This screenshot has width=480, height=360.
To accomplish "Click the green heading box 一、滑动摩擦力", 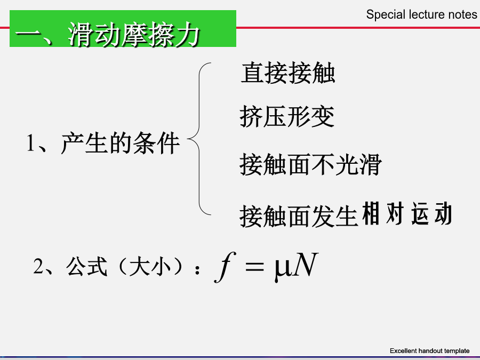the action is [123, 28].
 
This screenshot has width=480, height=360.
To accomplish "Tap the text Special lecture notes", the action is [421, 14].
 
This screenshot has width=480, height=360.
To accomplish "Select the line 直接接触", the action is [288, 73].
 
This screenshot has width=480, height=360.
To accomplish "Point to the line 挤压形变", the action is [287, 116].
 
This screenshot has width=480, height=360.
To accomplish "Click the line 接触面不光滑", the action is [311, 164].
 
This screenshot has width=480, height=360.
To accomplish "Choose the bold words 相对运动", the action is [407, 214].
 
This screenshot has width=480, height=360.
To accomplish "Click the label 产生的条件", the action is [121, 143].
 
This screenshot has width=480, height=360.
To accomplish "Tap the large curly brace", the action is [199, 139].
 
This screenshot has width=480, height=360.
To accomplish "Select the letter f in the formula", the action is [225, 267].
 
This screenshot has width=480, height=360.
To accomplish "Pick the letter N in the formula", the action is [306, 265].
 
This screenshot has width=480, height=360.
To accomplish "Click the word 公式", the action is [87, 266].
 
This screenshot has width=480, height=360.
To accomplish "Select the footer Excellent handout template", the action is [430, 351].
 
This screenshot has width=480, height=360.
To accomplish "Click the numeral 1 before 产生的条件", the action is [30, 142].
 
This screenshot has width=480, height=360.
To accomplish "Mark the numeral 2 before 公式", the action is [38, 266].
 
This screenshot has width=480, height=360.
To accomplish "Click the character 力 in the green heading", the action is [187, 34].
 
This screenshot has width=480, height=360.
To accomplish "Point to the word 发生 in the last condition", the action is [334, 216].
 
